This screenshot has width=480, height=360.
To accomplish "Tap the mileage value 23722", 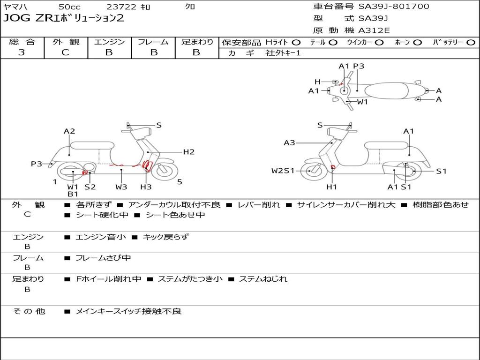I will pyautogui.click(x=121, y=7).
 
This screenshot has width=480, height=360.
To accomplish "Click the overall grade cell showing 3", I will pyautogui.click(x=22, y=52).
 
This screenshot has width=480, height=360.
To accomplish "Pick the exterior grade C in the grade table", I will pyautogui.click(x=65, y=52).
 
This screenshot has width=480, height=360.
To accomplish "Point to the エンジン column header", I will pyautogui.click(x=109, y=42).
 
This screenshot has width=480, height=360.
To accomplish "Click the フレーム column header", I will pyautogui.click(x=153, y=42).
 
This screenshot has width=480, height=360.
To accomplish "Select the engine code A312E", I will pyautogui.click(x=374, y=31).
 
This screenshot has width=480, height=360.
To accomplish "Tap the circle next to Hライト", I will pyautogui.click(x=296, y=42).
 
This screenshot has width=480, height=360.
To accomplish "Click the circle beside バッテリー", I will pyautogui.click(x=471, y=42).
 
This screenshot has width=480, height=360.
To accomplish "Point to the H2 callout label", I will pyautogui.click(x=189, y=152).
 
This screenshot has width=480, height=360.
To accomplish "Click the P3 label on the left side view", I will pyautogui.click(x=37, y=164).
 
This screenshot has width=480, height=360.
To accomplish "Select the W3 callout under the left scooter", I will pyautogui.click(x=121, y=187).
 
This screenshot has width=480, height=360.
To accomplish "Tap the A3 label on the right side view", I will pyautogui.click(x=289, y=143).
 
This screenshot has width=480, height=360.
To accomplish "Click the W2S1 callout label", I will pyautogui.click(x=283, y=171).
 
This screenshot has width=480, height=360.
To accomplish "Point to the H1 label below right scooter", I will pyautogui.click(x=332, y=187).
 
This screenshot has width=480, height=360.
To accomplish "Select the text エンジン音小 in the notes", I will pyautogui.click(x=101, y=237).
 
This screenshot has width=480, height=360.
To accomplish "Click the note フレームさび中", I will pyautogui.click(x=103, y=258).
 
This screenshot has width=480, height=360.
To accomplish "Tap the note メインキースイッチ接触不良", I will pyautogui.click(x=128, y=311).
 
